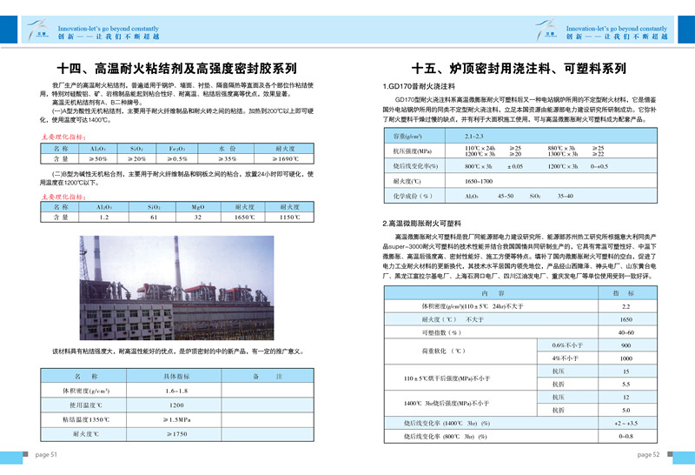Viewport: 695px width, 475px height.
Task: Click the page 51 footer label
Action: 45,454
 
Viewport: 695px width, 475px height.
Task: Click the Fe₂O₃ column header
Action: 177,149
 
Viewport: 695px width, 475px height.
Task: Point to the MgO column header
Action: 199,205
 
